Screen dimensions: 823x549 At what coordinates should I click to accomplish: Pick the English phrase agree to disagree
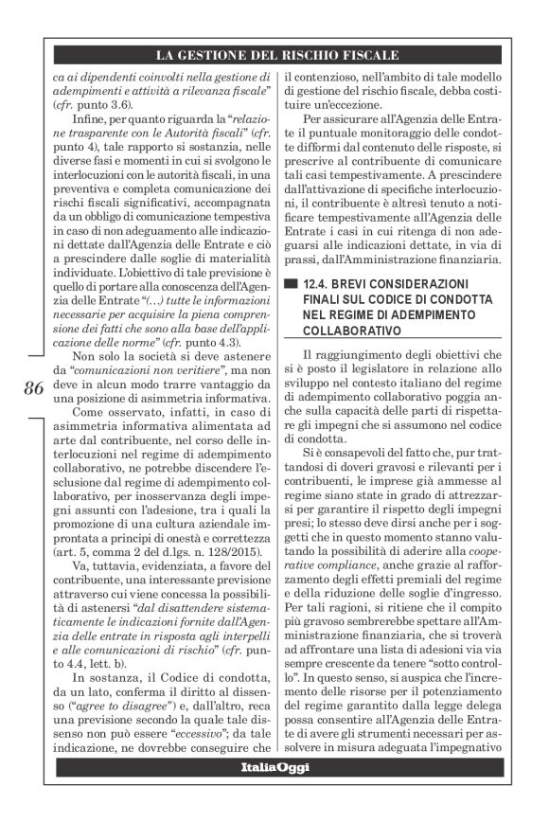point(109,706)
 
